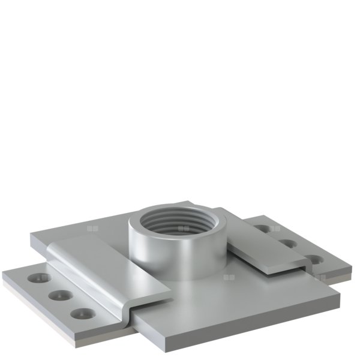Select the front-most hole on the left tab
point(80,313)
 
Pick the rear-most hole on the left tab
point(41,278)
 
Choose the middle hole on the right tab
point(289,244)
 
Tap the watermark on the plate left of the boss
point(92,228)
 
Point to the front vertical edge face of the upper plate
point(240,324)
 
